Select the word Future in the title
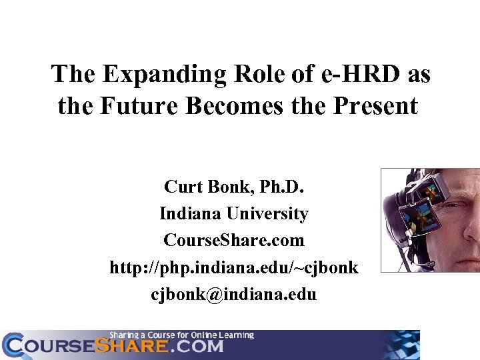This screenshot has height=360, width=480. tap(137, 106)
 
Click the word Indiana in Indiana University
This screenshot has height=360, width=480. tap(191, 214)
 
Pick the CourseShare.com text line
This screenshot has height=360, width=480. tap(233, 240)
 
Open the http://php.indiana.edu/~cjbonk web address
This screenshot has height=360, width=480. tap(233, 267)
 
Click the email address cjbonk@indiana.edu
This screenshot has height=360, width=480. tap(233, 294)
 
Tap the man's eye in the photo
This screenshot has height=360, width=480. tap(462, 205)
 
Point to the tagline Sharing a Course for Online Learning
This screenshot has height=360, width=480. tap(182, 335)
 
